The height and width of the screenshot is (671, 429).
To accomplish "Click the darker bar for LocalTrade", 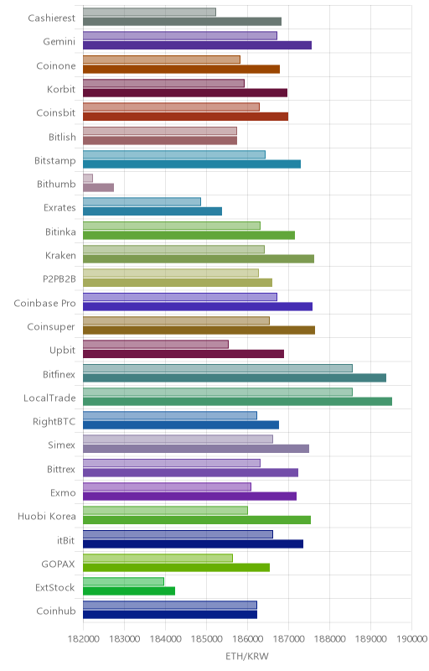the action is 238,402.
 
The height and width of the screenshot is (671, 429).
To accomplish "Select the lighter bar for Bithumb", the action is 88,178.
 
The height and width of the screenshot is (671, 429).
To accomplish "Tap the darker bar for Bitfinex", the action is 235,378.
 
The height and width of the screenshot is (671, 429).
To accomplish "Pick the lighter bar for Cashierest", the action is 149,12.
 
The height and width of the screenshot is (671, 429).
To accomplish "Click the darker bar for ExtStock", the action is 129,591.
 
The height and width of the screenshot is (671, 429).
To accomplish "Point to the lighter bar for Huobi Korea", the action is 165,511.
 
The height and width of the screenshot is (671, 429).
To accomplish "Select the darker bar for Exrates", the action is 152,211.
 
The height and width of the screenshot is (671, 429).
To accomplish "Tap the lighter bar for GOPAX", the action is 158,558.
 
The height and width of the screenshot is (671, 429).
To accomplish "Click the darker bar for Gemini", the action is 198,45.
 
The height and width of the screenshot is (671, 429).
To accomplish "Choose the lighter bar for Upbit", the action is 156,345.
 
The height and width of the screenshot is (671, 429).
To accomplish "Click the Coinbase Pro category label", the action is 44,304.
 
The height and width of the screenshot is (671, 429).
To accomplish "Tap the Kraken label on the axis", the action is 60,256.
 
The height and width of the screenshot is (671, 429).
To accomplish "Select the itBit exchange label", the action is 66,540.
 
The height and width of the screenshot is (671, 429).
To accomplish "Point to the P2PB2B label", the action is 59,279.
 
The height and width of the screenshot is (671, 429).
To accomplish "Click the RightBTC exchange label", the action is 54,422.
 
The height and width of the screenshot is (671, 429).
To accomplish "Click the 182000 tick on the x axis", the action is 84,639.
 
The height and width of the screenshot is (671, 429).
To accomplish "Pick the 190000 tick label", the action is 412,639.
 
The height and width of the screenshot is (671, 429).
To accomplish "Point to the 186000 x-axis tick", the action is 248,639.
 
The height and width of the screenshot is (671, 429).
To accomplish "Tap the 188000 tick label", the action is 330,639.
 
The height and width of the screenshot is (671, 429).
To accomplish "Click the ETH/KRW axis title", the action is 247,657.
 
